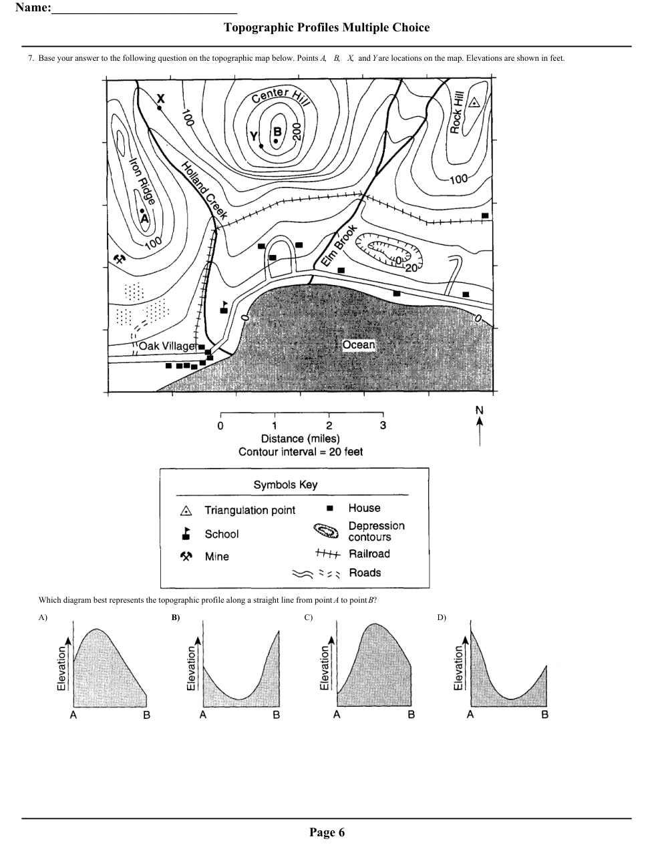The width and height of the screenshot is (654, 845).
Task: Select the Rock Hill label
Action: tap(457, 113)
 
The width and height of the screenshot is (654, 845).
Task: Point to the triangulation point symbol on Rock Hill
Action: tap(474, 103)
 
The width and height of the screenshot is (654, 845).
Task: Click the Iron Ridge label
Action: tap(142, 181)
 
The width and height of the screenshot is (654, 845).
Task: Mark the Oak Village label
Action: tap(168, 346)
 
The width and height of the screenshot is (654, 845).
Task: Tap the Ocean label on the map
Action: tap(359, 345)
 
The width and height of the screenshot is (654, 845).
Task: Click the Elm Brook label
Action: tap(339, 246)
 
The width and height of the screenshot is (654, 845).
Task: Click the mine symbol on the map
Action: tap(120, 259)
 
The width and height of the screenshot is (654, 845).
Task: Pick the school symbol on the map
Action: tap(224, 306)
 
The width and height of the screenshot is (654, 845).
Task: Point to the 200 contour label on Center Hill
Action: tap(297, 131)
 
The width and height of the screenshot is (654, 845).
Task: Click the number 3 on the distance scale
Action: tap(383, 425)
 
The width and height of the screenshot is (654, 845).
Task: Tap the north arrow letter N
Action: tap(479, 410)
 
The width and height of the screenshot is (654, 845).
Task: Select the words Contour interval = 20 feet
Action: tap(301, 452)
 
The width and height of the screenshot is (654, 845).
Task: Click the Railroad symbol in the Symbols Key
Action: tap(327, 554)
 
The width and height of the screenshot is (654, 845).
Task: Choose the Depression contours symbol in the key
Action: tap(327, 531)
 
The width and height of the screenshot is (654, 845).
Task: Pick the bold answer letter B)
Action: tap(176, 617)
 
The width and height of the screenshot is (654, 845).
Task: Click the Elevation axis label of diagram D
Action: tap(458, 667)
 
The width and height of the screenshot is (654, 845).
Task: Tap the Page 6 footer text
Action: tap(327, 832)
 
